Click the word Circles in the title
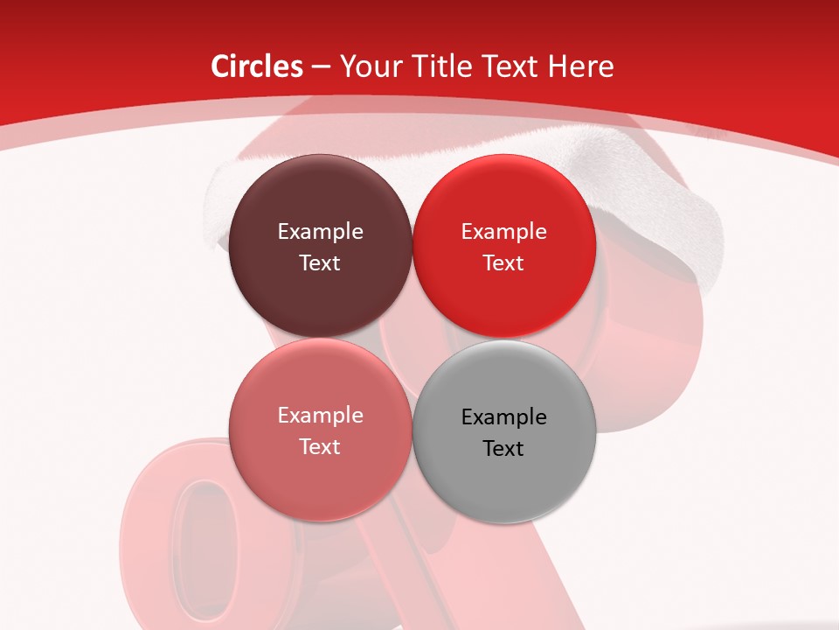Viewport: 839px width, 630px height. coord(256,66)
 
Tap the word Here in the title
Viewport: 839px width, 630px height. coord(581,66)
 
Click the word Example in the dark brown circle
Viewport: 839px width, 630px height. coord(320,232)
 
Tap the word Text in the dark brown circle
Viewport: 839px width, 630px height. coord(320,263)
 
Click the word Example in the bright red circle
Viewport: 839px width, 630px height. coord(503,232)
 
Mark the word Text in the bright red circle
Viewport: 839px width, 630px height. coord(503,263)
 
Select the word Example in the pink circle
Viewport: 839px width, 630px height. coord(320,416)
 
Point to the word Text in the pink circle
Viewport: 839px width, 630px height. coord(320,447)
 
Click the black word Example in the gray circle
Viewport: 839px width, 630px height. coord(503,417)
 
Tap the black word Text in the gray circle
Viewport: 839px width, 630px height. coord(503,449)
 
